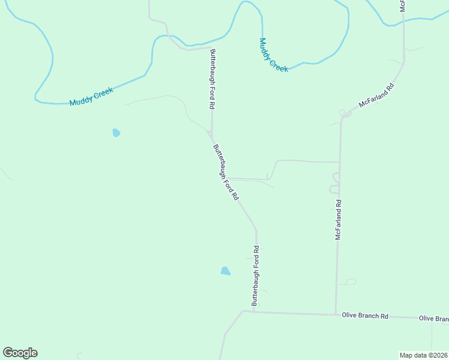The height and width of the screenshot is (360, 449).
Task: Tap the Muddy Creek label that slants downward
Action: [x=274, y=55]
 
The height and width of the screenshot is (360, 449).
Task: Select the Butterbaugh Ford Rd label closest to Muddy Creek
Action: [x=212, y=79]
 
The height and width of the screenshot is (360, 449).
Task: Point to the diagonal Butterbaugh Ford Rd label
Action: [x=226, y=172]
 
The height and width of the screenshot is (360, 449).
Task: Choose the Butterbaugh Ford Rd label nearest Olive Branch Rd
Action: [x=256, y=276]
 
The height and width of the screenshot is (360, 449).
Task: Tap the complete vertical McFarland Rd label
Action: [x=338, y=220]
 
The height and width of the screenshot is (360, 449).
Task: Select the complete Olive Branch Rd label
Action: [x=365, y=315]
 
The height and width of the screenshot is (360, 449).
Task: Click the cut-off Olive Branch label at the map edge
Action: [x=433, y=319]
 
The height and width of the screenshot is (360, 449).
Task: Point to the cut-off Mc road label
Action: [x=403, y=5]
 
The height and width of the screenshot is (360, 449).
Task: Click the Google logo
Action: [x=20, y=353]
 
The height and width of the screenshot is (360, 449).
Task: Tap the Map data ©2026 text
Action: [x=424, y=355]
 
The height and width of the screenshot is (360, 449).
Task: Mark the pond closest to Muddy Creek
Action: [x=116, y=133]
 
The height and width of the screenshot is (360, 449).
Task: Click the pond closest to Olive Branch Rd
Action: [x=225, y=271]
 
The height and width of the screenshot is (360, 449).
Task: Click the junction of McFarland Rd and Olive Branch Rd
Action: [x=336, y=314]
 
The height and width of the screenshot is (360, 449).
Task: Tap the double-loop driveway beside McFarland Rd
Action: [x=335, y=183]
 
